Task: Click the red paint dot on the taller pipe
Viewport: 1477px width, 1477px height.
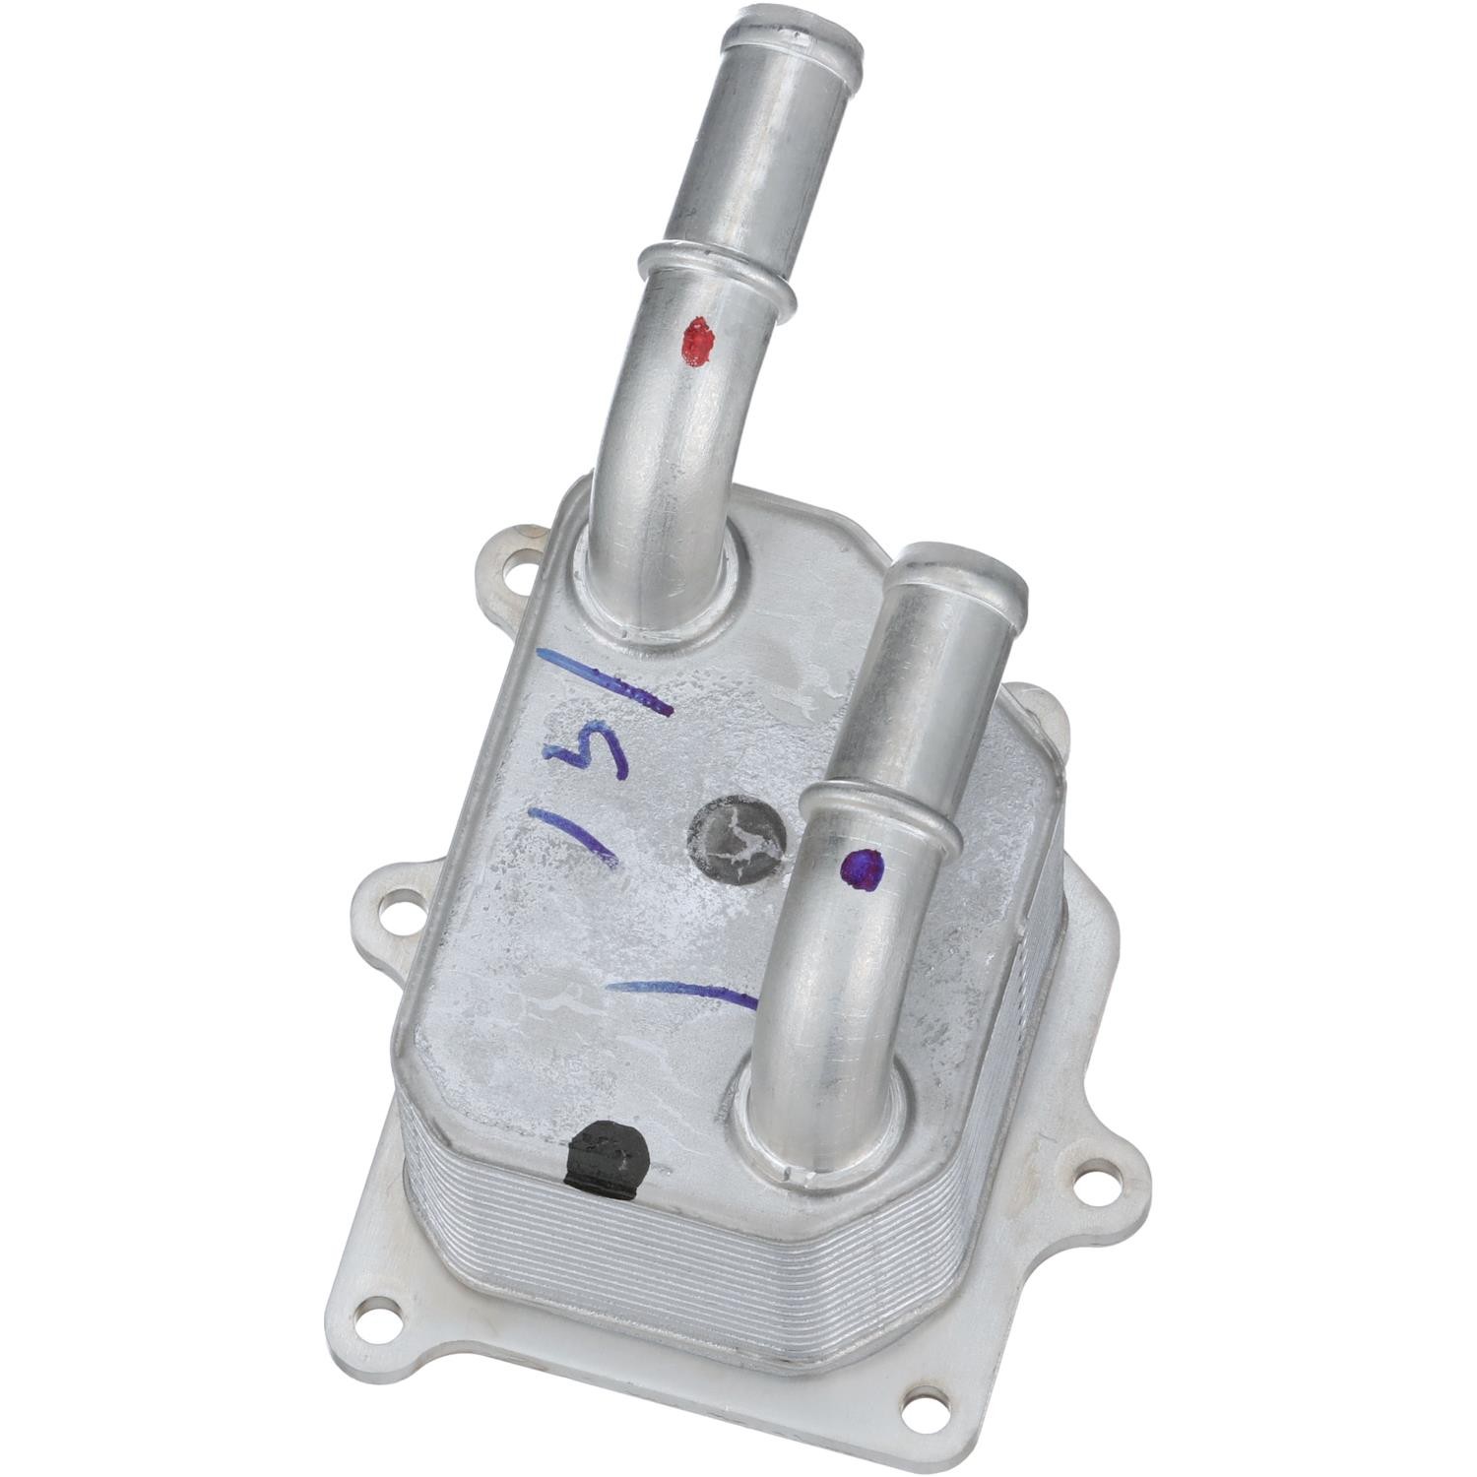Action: coord(698,342)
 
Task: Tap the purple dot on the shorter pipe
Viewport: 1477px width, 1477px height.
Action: coord(864,869)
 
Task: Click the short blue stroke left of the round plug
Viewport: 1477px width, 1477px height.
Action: coord(575,836)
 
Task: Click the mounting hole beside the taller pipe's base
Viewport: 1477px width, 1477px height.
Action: coord(517,568)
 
